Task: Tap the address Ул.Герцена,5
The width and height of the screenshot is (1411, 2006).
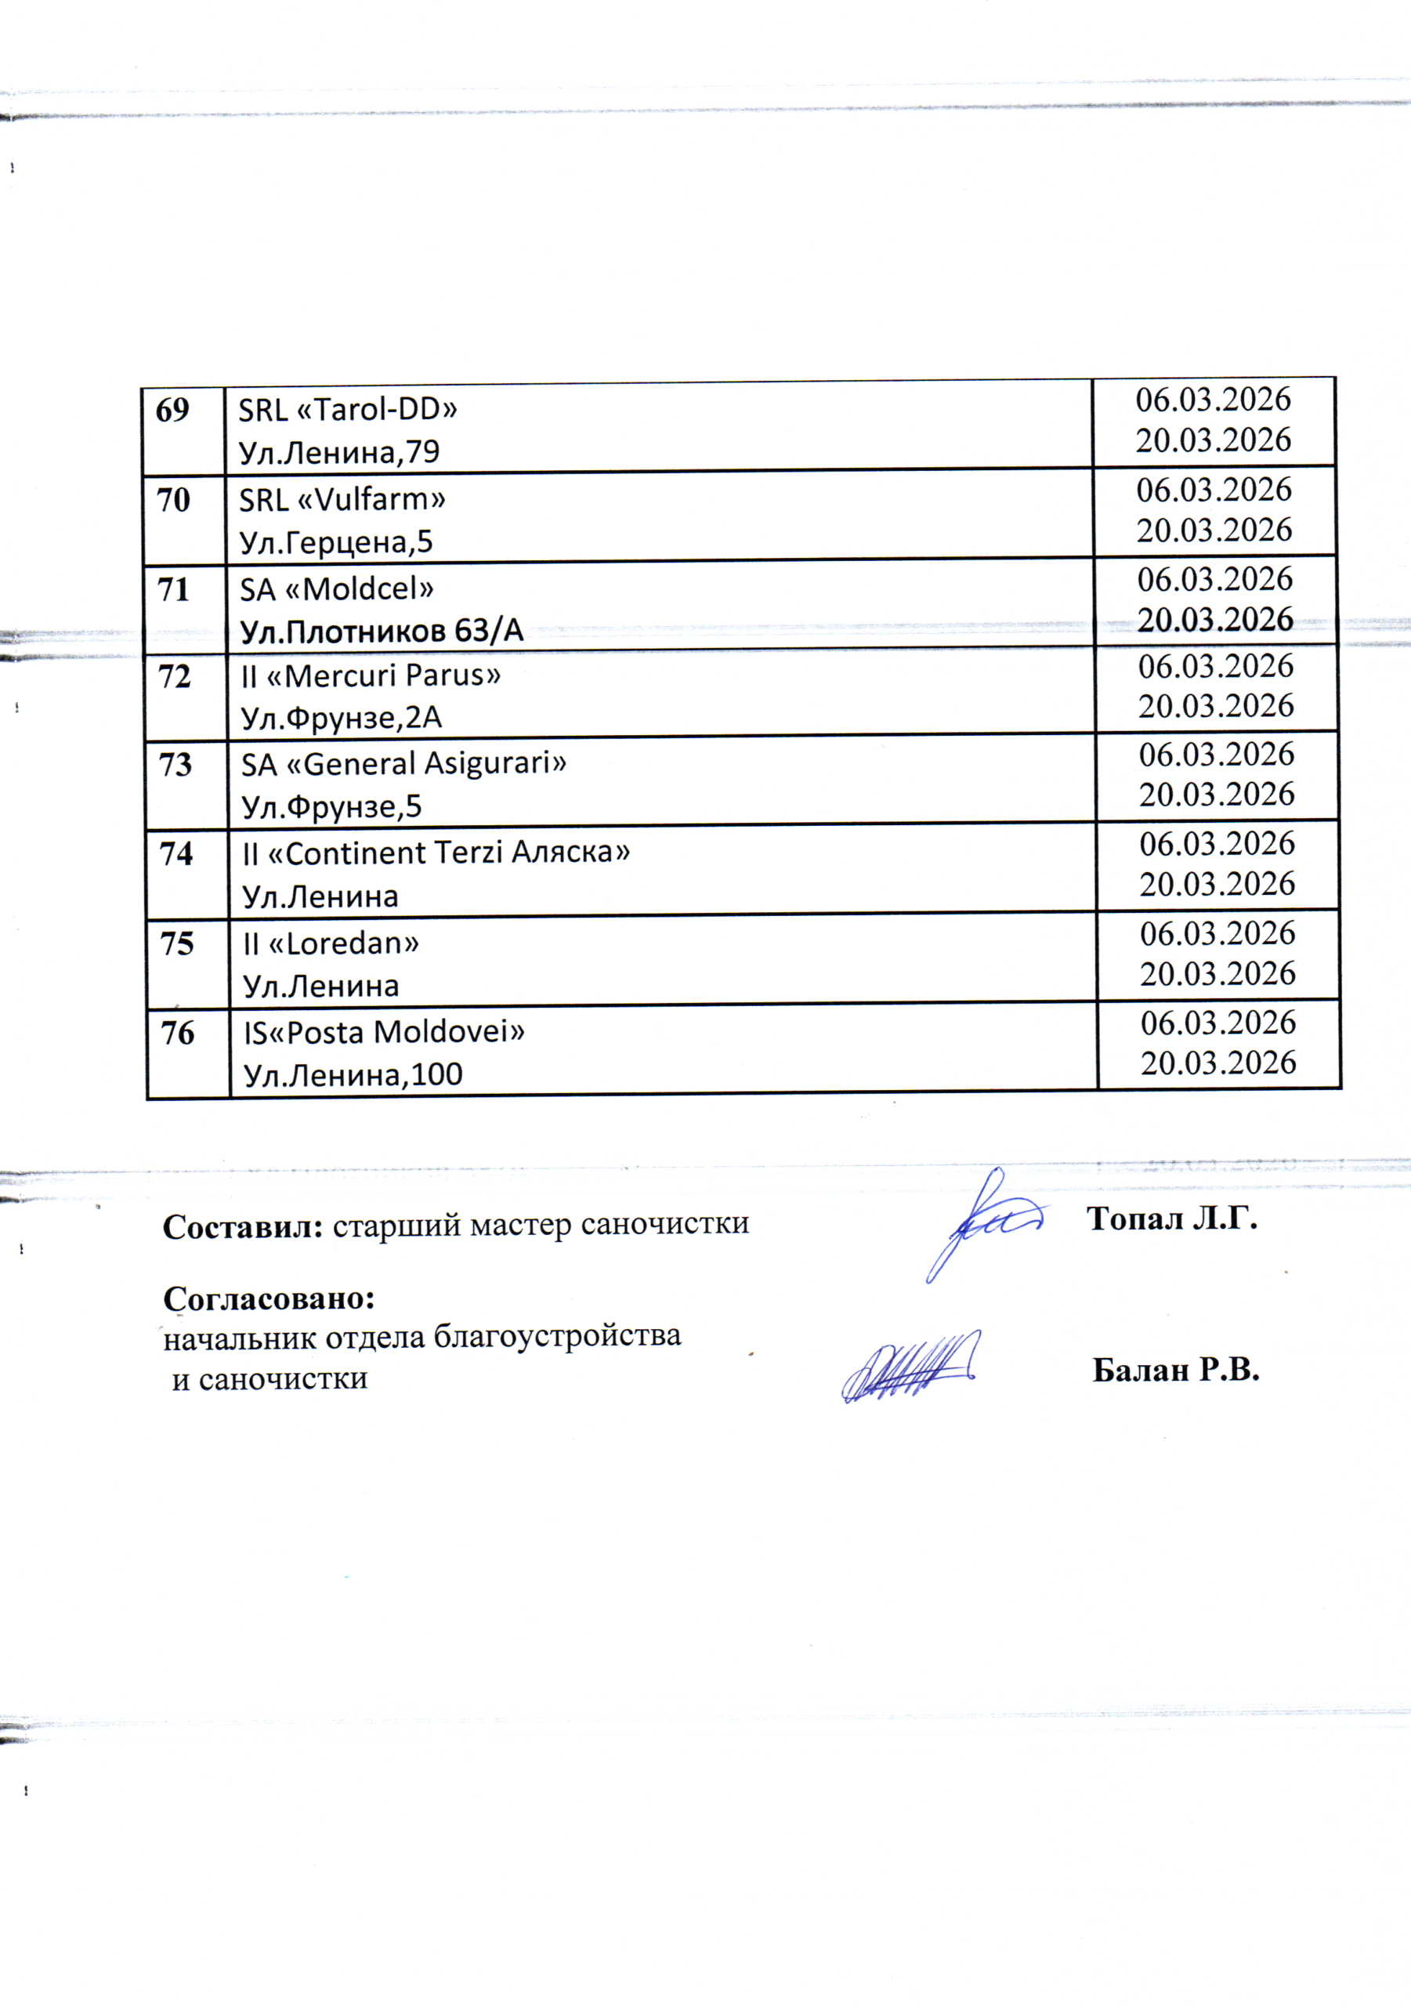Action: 336,542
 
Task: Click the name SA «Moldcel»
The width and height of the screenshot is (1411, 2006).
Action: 336,588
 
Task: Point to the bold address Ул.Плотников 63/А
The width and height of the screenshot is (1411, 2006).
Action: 382,631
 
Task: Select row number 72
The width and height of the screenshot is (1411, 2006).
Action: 175,677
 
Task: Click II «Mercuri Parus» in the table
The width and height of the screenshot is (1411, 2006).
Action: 371,675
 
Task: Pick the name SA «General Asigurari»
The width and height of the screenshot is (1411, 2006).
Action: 403,763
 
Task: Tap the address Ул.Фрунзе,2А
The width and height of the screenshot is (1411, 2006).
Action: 342,719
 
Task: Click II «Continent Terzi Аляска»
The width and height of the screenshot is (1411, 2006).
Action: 436,853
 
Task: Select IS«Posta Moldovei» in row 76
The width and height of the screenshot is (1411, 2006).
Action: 384,1033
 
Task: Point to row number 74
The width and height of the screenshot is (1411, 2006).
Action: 175,853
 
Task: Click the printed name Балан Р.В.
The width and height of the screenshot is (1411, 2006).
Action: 1176,1371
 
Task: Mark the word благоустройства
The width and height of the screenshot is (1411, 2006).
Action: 557,1336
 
